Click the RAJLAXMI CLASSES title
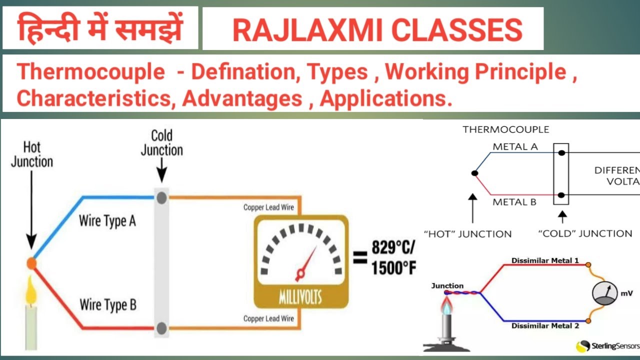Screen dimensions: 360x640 (x=377, y=30)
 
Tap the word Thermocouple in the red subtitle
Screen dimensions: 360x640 (x=90, y=73)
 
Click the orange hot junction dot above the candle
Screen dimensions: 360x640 (x=31, y=263)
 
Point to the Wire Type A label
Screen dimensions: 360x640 (x=107, y=221)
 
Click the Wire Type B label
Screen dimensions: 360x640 (x=108, y=304)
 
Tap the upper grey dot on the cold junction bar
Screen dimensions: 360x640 (x=161, y=198)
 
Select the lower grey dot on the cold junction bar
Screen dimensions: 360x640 (x=161, y=328)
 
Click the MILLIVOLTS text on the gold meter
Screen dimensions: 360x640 (x=300, y=298)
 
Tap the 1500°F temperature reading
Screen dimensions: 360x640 (x=393, y=268)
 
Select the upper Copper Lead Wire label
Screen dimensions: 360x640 (x=268, y=207)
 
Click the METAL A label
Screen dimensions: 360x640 (x=515, y=147)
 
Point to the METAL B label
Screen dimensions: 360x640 (x=514, y=202)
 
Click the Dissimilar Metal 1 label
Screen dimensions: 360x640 (x=544, y=260)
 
